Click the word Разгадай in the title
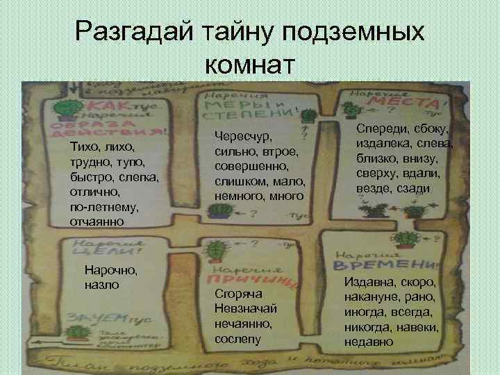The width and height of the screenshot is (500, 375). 136,32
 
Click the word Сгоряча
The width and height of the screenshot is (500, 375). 235,294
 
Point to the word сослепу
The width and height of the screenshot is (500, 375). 237,339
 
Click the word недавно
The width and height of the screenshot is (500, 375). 368,342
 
